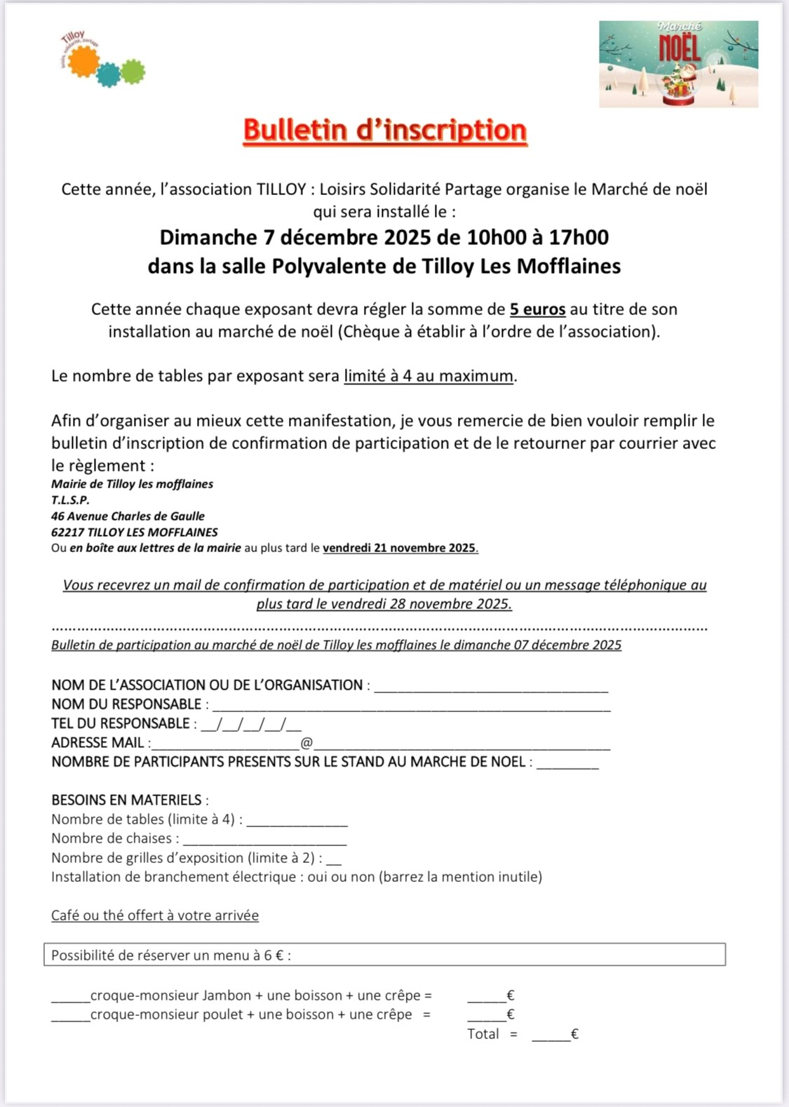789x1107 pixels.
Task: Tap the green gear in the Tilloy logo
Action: coord(132,71)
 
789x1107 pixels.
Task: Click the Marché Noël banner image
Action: coord(678,64)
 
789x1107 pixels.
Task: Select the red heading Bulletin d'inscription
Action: coord(385,130)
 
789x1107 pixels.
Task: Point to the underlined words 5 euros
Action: coord(537,309)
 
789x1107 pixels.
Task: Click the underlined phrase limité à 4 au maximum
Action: coord(429,376)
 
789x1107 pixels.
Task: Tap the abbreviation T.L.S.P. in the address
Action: coord(70,500)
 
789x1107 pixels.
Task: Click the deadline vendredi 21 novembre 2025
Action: coord(400,548)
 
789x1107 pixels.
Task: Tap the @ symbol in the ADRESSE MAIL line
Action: coord(306,743)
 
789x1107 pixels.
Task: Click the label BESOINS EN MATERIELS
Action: coord(126,800)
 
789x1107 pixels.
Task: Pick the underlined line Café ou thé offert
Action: coord(155,915)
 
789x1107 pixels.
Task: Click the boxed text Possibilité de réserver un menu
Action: coord(171,955)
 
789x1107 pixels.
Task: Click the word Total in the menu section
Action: coord(483,1033)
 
